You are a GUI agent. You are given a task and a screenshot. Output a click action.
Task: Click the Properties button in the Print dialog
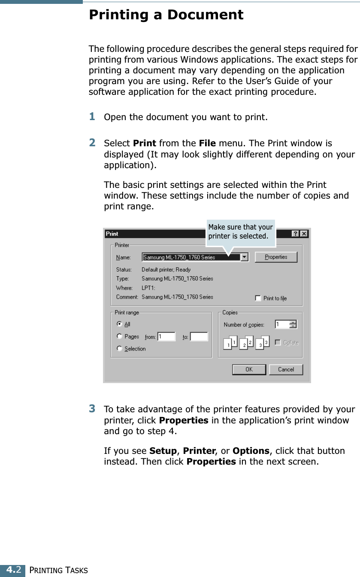point(275,257)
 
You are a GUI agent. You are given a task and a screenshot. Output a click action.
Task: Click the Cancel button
point(286,369)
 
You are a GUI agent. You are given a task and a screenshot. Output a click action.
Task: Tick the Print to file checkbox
point(258,298)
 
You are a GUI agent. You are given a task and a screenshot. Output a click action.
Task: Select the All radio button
point(120,324)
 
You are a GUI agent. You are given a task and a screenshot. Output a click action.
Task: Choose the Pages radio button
point(120,336)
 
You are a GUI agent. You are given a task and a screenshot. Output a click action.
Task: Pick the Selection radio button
point(120,349)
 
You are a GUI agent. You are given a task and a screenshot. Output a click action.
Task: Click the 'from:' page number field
point(166,337)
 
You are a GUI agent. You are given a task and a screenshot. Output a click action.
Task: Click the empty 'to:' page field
point(199,337)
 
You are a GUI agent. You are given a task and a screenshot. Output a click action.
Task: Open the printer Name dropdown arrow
point(244,257)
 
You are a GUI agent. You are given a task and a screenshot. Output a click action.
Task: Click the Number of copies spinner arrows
point(293,324)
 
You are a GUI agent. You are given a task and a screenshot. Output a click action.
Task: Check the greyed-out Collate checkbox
point(278,342)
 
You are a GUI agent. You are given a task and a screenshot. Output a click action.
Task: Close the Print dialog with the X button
point(303,234)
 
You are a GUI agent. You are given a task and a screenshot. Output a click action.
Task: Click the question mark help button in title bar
point(296,234)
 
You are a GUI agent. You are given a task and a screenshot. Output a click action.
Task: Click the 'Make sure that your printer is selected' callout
point(240,232)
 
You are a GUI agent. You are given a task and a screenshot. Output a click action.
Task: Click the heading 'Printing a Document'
point(166,15)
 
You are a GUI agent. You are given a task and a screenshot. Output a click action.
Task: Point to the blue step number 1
point(92,116)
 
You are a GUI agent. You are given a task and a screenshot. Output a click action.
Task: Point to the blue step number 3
point(92,408)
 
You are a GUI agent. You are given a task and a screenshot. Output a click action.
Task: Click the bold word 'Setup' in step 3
point(163,451)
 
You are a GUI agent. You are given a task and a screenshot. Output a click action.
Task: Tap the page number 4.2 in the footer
point(12,570)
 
